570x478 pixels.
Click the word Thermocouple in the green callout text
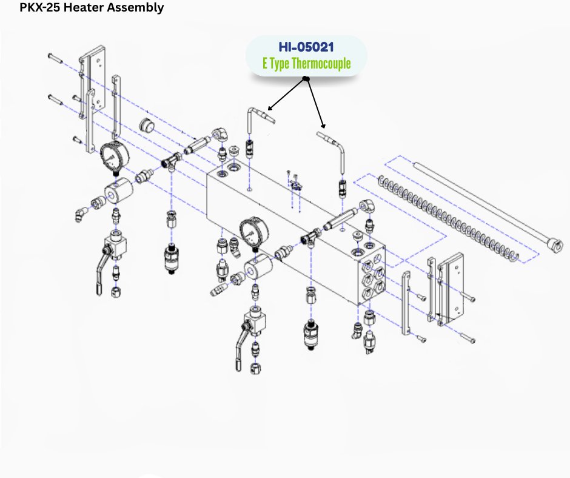pos(321,64)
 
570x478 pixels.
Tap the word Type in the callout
pos(278,64)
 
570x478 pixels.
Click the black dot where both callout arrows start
pos(306,79)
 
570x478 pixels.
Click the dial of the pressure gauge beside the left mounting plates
pos(113,157)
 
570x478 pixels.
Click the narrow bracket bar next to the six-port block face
pos(406,303)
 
